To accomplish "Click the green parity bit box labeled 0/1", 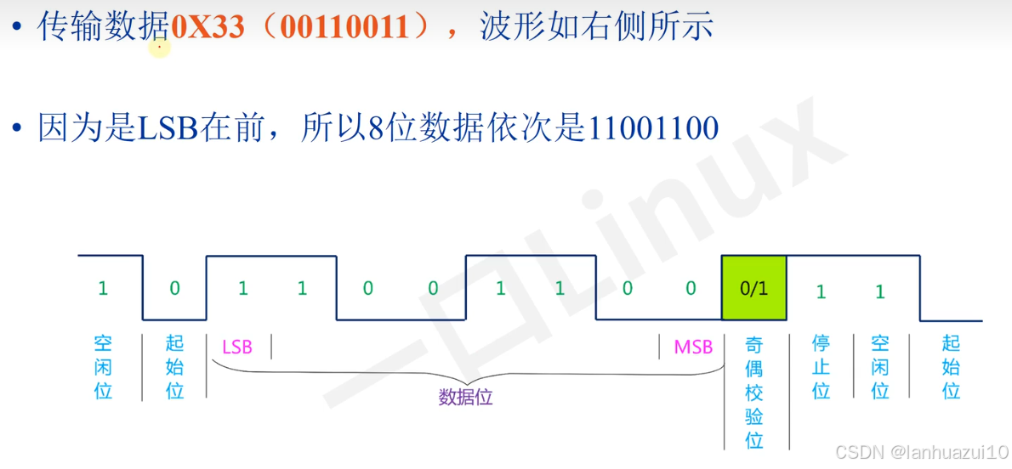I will point(753,288).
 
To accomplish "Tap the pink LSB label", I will point(237,347).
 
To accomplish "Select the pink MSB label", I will point(693,347).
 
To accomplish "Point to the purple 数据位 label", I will point(465,398).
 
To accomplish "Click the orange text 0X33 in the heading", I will point(208,27).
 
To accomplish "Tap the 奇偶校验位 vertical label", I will point(753,392).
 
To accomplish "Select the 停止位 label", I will point(821,367).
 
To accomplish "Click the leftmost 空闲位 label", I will point(103,367).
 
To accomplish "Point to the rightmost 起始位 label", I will point(951,367).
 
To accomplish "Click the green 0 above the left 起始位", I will point(174,288).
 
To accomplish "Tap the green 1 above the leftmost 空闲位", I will point(103,288).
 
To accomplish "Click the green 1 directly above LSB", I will point(242,288).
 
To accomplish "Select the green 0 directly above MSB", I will point(691,288).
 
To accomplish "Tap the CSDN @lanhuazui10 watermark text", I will point(920,450).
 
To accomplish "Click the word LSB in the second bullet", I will point(167,128).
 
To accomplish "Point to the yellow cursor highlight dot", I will point(159,48).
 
